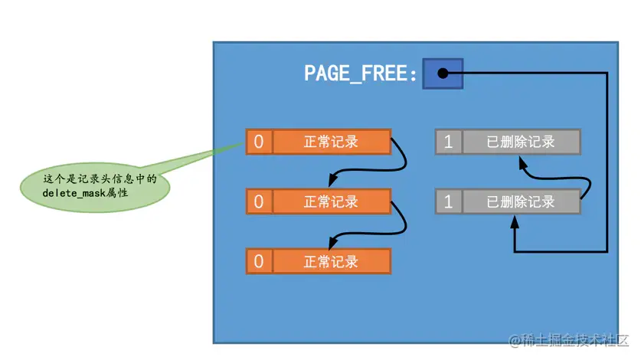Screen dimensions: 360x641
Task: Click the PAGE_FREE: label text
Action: point(361,74)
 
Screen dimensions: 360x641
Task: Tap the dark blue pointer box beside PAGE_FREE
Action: point(442,74)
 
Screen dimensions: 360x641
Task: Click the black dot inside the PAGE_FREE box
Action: point(442,74)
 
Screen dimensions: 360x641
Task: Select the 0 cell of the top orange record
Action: point(259,142)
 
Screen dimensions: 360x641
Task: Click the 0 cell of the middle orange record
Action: point(259,201)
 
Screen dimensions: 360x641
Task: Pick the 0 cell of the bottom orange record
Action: point(259,261)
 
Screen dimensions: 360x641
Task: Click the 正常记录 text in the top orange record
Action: point(331,142)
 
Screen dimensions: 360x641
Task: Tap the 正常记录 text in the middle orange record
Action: point(331,201)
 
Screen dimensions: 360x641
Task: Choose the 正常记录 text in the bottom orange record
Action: point(331,261)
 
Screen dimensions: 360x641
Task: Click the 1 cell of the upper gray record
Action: point(448,142)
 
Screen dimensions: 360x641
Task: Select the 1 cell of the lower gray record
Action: point(448,201)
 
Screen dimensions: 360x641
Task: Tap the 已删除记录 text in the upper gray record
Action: point(520,142)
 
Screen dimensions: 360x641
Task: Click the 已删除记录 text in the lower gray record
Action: point(520,201)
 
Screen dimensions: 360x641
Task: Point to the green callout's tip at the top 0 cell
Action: point(244,143)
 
